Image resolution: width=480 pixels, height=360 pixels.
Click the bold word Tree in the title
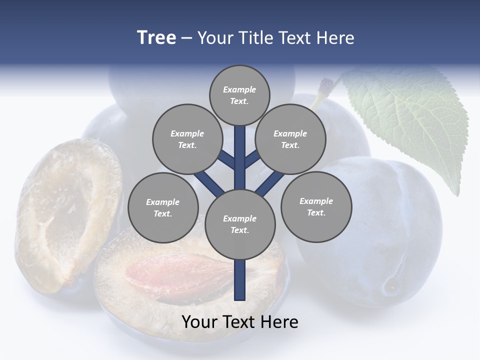156,37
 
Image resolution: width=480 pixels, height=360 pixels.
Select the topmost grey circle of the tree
239,95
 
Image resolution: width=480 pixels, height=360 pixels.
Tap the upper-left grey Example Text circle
187,139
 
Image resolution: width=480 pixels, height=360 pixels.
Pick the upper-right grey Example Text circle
290,139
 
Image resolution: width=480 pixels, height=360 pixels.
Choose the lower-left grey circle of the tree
163,207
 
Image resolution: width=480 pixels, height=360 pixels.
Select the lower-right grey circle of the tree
316,206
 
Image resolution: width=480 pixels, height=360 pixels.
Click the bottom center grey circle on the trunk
240,224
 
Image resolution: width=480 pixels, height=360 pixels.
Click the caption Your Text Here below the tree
240,322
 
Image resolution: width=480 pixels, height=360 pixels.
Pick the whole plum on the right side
370,235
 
